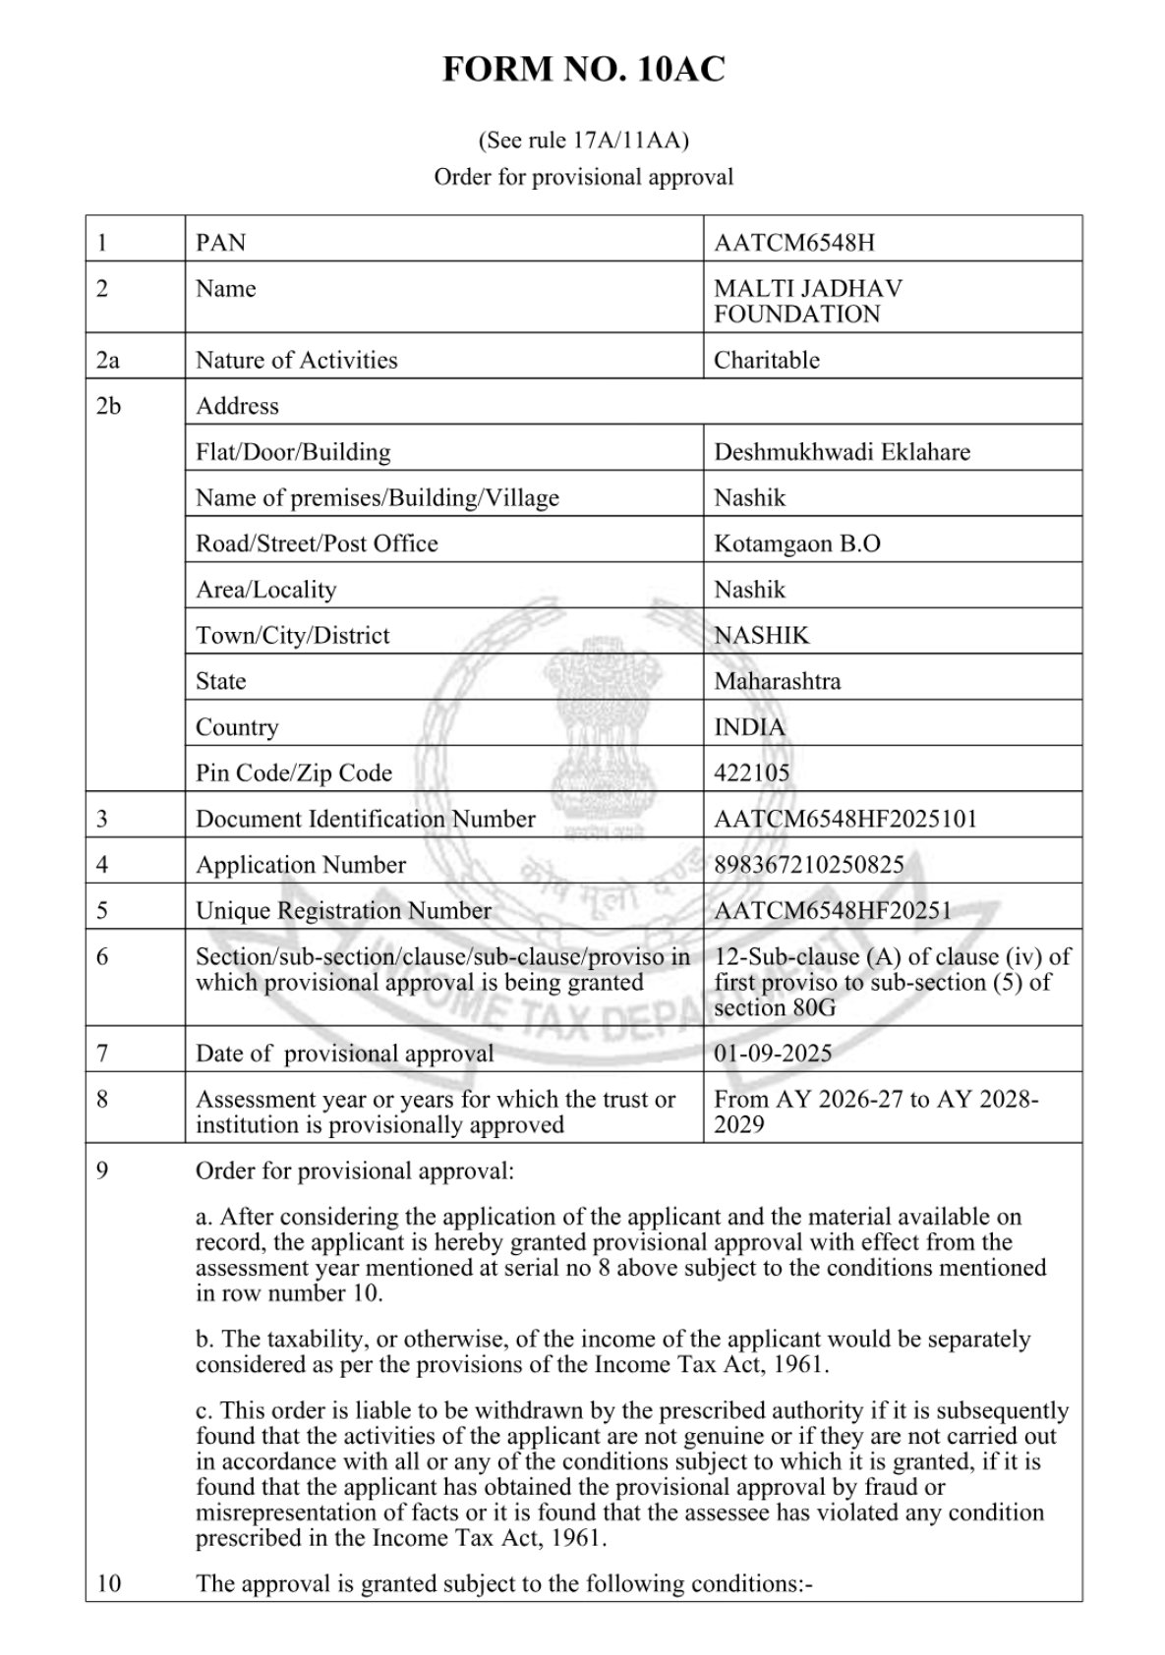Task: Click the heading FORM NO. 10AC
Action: [x=583, y=71]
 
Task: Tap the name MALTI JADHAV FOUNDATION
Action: [x=808, y=302]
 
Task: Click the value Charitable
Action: [x=767, y=360]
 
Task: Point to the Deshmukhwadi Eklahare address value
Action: [x=842, y=452]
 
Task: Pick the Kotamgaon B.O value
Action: [x=797, y=543]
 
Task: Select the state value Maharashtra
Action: [x=778, y=681]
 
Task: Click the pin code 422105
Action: [x=752, y=773]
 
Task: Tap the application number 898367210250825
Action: [x=809, y=865]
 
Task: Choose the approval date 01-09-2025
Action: [x=773, y=1054]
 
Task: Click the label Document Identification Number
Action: [x=366, y=819]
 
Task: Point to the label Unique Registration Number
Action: [x=343, y=911]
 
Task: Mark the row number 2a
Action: [x=108, y=360]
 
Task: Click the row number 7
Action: [x=102, y=1054]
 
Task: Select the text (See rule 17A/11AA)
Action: [x=583, y=141]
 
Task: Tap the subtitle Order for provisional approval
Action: [x=583, y=177]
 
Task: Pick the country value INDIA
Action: [x=749, y=727]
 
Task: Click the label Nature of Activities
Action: [x=296, y=360]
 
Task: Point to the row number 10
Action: [x=108, y=1583]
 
